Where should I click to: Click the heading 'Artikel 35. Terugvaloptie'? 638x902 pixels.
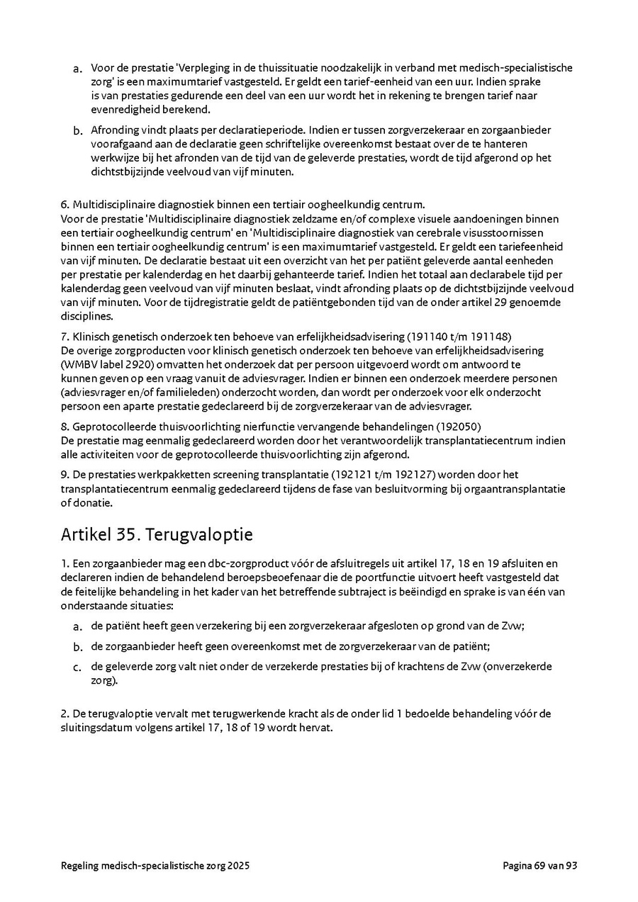[x=157, y=534]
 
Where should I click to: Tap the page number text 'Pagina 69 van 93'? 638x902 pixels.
[x=540, y=865]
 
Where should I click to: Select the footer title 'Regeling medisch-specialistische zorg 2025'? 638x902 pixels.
[x=155, y=865]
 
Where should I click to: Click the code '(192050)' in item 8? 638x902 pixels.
[x=459, y=427]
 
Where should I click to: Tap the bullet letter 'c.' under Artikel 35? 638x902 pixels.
[x=78, y=667]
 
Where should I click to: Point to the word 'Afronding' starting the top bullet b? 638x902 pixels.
[x=114, y=130]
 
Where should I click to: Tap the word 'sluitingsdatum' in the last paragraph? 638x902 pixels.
[x=96, y=728]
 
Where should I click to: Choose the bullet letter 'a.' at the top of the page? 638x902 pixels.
[x=78, y=69]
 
